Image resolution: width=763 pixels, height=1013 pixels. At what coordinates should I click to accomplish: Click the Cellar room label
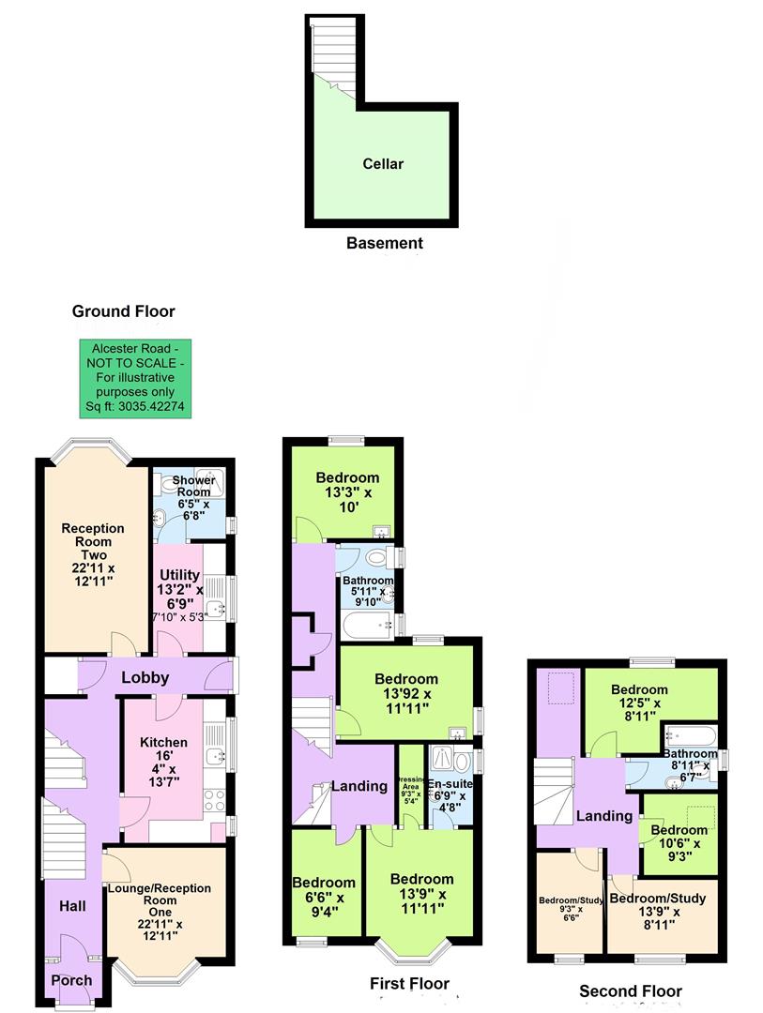383,164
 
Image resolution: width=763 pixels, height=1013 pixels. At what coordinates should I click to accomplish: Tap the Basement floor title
384,243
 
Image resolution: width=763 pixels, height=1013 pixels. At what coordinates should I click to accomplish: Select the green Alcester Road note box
133,378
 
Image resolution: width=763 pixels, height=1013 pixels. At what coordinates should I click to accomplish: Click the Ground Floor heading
124,311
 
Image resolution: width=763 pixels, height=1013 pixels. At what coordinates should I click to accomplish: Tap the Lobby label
145,677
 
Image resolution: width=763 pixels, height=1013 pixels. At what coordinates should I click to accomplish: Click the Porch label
71,980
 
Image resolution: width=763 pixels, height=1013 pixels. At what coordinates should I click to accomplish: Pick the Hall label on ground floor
72,906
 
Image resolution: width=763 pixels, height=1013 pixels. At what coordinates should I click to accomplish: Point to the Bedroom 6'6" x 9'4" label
324,898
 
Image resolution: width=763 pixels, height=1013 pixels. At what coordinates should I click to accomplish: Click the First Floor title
408,984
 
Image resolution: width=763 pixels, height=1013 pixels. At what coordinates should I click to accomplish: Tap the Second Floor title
630,990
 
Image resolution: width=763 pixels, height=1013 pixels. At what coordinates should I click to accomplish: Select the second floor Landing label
603,816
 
